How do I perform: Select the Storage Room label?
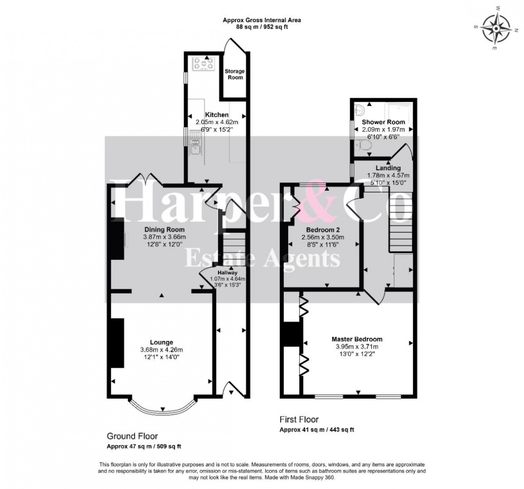(235, 74)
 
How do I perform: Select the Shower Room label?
(383, 122)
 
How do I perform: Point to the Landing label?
(388, 168)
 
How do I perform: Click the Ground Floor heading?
(132, 436)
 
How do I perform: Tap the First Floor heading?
(299, 419)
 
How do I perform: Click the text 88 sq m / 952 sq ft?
(263, 27)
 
